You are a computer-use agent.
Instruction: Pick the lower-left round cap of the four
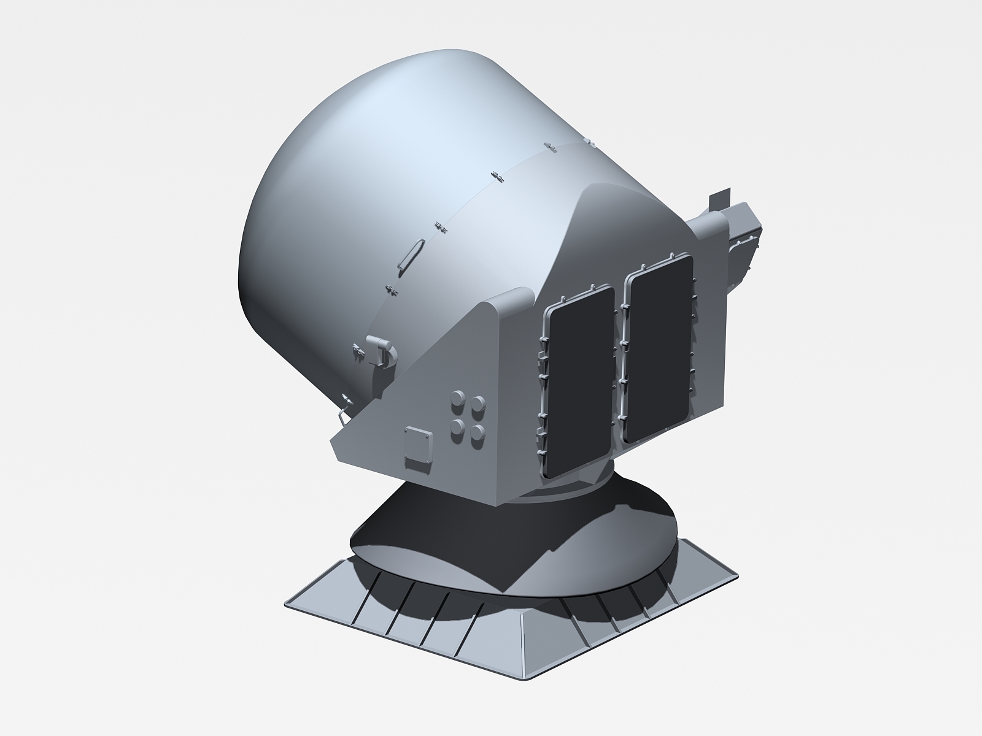[457, 427]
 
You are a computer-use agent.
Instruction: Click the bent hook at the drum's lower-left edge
[341, 415]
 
